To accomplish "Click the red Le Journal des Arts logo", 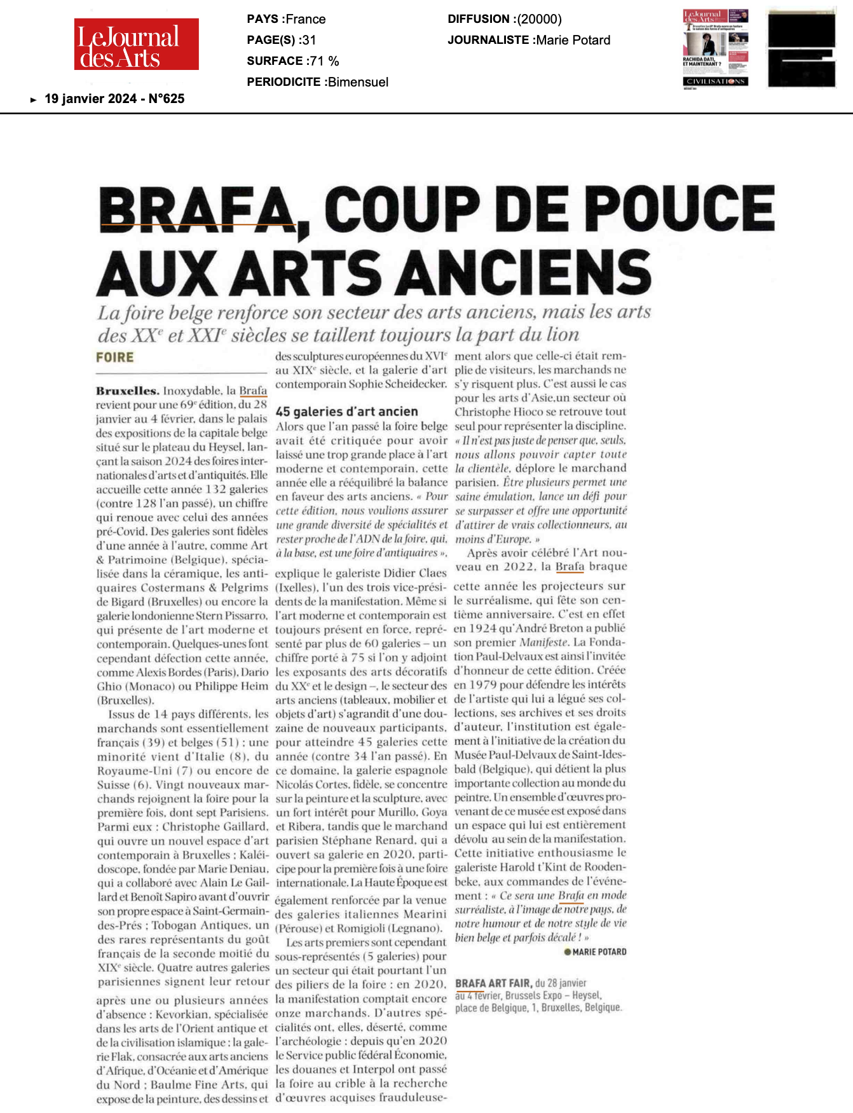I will coord(136,44).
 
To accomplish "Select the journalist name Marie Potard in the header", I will coord(573,40).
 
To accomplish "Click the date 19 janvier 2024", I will coord(90,99).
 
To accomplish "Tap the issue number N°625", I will coord(166,99).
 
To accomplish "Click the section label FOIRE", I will coord(115,357).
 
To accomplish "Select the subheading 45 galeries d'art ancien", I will coord(346,411).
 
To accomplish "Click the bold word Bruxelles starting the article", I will coord(127,391).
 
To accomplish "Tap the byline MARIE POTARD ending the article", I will coord(599,952).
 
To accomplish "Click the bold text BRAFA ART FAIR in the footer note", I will coord(493,983).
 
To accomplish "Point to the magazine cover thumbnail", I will coord(715,48).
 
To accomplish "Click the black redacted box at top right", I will coord(801,48).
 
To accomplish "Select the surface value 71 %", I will coord(324,61).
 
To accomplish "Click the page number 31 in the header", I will coord(309,40).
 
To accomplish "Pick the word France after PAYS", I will coord(306,19).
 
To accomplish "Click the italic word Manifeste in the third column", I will coord(544,642).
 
